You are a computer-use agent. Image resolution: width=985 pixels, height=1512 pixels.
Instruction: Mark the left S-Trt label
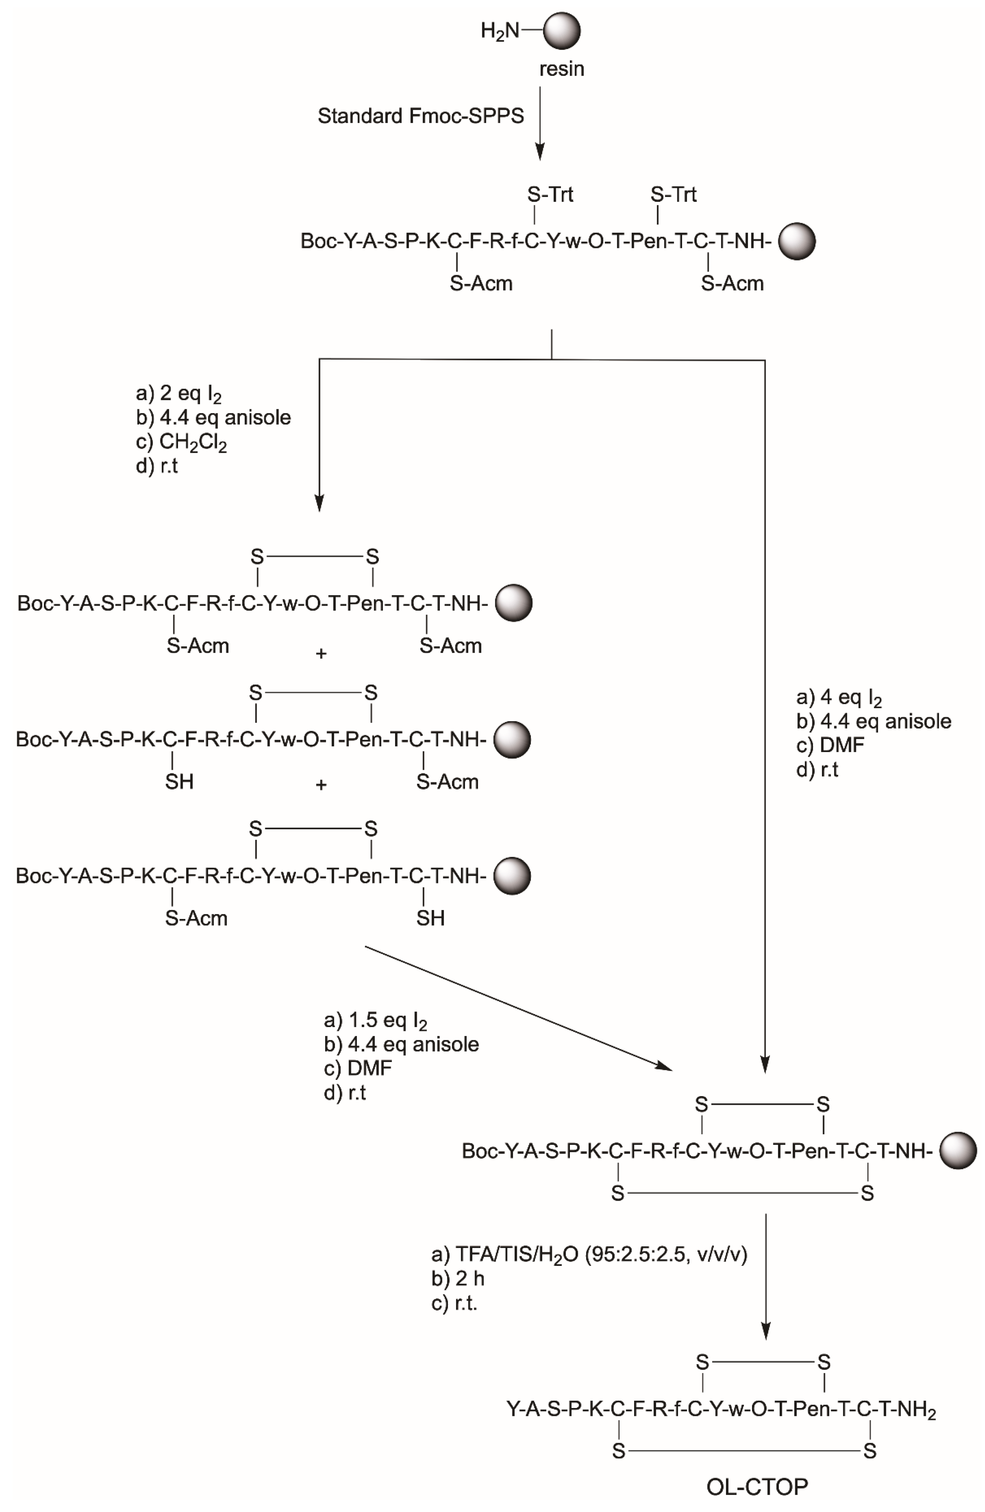[550, 194]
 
